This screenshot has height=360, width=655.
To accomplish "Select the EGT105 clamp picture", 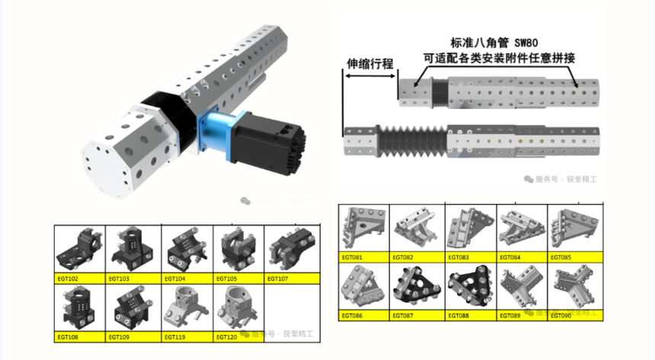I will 237,247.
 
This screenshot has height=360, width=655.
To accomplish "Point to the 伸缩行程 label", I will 370,64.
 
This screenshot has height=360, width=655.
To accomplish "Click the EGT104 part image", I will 186,247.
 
